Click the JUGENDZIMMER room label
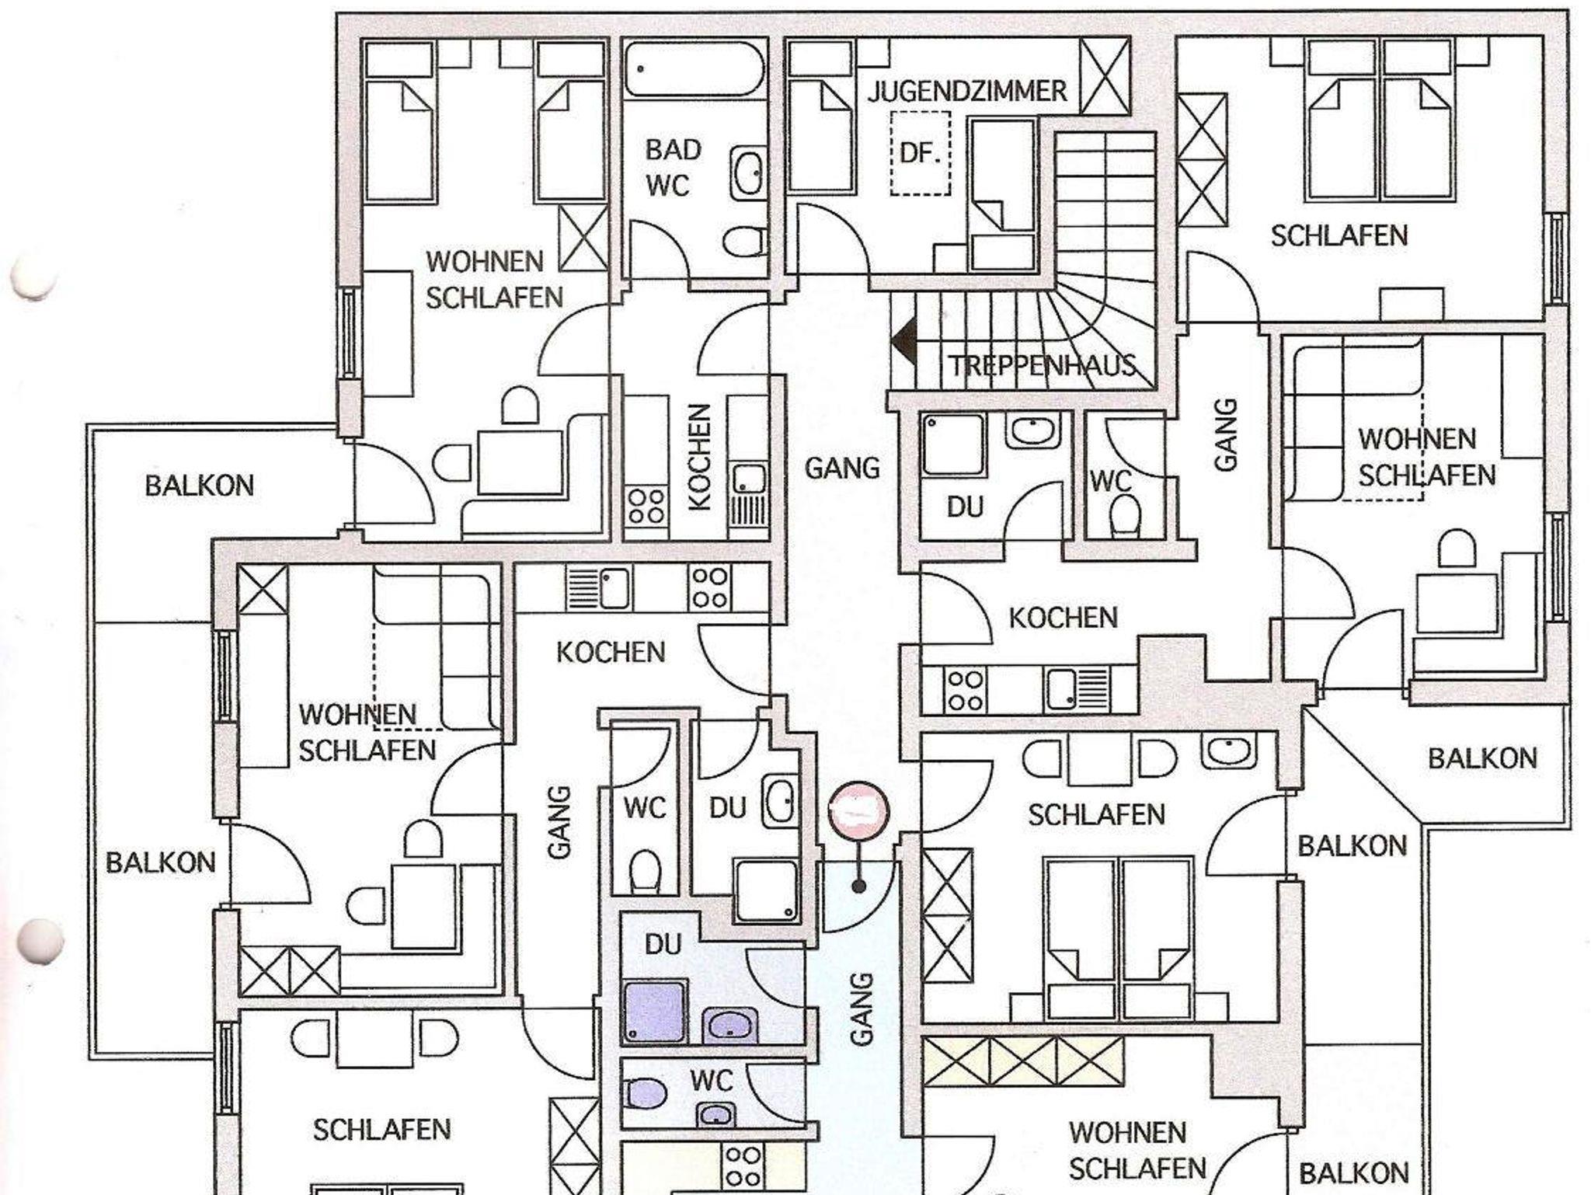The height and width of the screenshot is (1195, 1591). click(967, 92)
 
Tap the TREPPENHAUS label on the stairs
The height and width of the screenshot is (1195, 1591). click(1042, 365)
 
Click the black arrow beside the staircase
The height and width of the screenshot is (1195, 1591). click(903, 340)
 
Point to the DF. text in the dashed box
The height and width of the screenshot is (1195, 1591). click(920, 152)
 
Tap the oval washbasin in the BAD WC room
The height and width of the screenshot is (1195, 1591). click(747, 172)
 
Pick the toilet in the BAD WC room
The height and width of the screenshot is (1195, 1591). click(744, 242)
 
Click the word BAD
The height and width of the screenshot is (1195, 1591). click(673, 149)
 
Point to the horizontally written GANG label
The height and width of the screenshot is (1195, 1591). click(842, 469)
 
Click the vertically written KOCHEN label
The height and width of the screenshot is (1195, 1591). click(699, 457)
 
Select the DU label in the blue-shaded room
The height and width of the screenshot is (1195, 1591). click(663, 945)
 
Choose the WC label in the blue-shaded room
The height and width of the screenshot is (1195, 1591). click(712, 1081)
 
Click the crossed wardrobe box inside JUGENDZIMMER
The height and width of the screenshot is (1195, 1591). click(1105, 77)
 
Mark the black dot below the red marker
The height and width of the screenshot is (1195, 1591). click(858, 886)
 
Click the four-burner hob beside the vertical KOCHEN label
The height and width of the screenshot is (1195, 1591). click(646, 506)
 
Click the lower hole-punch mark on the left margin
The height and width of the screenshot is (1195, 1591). click(40, 942)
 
